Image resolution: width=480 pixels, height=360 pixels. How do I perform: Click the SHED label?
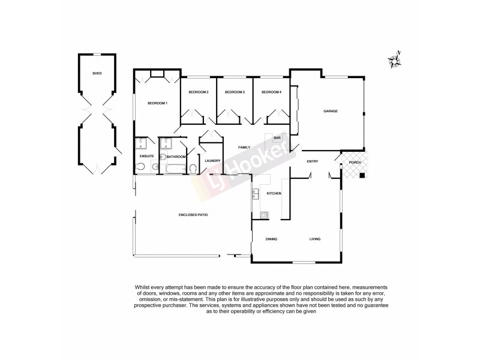click(x=97, y=73)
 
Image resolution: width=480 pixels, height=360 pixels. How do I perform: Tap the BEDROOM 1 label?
click(x=157, y=103)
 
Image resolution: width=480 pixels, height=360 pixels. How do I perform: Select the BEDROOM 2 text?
click(x=198, y=92)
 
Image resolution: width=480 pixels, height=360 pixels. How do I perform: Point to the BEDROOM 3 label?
click(x=235, y=92)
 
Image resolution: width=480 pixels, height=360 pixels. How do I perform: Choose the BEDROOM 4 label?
click(x=271, y=92)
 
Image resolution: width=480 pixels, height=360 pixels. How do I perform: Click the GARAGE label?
click(x=330, y=112)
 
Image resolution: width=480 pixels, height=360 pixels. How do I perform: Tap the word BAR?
click(x=277, y=138)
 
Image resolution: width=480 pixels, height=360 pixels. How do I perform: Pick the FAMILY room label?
click(x=244, y=147)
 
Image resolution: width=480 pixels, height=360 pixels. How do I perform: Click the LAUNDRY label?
click(x=212, y=161)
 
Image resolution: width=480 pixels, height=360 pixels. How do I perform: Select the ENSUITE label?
click(x=147, y=157)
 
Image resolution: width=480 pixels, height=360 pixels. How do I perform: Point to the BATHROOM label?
click(x=176, y=157)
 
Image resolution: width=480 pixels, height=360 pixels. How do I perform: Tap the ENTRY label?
click(x=312, y=161)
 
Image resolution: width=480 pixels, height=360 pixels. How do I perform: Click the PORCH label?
click(x=354, y=161)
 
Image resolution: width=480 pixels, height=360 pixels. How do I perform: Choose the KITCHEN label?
click(x=274, y=193)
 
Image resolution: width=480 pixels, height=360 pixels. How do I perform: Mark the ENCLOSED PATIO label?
click(x=193, y=214)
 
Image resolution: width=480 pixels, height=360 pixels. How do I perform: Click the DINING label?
click(x=271, y=239)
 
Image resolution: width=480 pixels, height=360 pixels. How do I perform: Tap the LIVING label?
click(x=315, y=239)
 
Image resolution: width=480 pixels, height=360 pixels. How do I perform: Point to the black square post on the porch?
click(x=362, y=175)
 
